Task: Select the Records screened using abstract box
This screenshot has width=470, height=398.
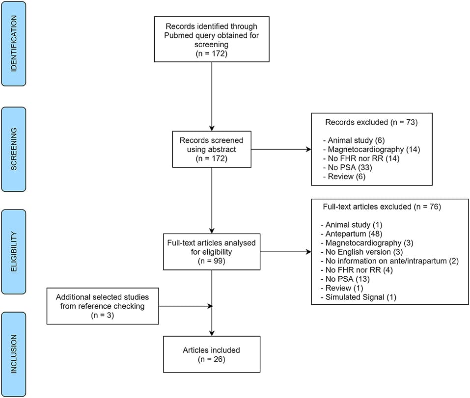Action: click(211, 149)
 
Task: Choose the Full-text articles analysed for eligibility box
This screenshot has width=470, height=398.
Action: click(211, 252)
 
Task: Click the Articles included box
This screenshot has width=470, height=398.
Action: click(211, 354)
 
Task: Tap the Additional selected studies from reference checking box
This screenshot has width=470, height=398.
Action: click(103, 306)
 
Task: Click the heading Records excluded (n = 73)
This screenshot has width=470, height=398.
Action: click(371, 122)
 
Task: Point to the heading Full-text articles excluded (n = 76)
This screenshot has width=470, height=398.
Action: click(382, 207)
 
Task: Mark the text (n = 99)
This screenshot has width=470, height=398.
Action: click(211, 261)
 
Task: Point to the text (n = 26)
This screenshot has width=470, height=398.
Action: click(211, 359)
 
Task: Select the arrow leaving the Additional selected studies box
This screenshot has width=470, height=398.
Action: click(185, 306)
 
